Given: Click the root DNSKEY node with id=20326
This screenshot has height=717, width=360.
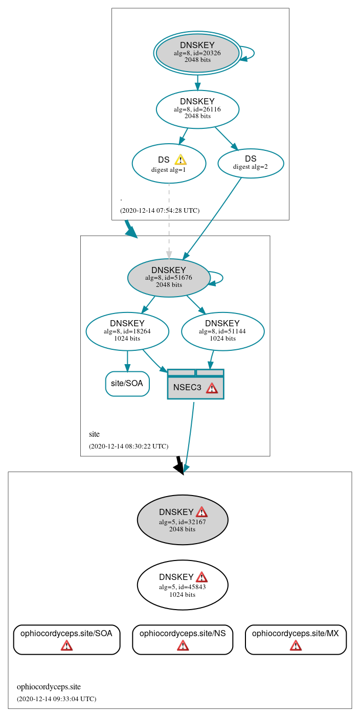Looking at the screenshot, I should click(197, 53).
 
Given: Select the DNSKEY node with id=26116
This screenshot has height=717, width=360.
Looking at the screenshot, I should click(197, 109).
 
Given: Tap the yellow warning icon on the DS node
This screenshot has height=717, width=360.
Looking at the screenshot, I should click(180, 160).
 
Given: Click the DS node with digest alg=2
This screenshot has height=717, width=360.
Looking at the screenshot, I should click(251, 163).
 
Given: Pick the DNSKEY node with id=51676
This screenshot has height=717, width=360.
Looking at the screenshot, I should click(169, 278).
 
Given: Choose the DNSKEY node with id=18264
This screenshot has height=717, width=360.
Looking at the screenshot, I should click(127, 331).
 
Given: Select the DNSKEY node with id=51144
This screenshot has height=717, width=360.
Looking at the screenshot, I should click(222, 331).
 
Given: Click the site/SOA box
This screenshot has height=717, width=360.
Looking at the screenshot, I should click(127, 384).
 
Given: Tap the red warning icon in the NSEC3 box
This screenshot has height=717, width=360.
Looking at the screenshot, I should click(212, 388).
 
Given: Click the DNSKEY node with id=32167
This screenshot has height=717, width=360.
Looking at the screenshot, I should click(183, 520).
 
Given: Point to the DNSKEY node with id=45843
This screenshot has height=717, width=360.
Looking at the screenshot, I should click(183, 585).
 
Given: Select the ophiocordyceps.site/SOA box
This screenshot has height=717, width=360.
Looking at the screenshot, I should click(66, 639).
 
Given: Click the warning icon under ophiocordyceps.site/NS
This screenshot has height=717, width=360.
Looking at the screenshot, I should click(183, 645).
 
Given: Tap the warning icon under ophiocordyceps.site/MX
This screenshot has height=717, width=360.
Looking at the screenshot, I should click(296, 645).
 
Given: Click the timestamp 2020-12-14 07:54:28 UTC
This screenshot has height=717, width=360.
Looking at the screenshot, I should click(160, 210).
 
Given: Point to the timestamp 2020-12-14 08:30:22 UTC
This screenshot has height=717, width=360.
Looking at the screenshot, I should click(128, 446).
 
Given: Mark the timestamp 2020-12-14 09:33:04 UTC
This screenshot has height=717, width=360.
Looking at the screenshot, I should click(56, 699).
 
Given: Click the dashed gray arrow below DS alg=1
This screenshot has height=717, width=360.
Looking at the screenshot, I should click(169, 220).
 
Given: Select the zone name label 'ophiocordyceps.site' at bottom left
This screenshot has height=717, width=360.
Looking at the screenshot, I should click(49, 687).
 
